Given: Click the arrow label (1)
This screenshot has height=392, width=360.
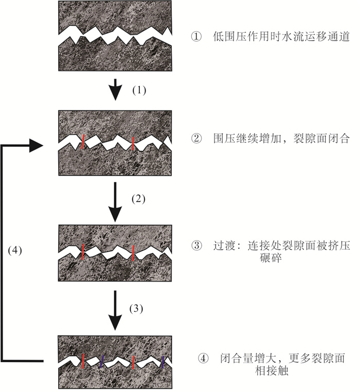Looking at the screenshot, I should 140,90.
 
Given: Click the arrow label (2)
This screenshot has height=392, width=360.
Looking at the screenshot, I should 139,200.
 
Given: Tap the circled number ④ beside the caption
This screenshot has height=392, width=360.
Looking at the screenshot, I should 203,358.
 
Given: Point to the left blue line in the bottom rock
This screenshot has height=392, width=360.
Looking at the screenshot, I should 102,362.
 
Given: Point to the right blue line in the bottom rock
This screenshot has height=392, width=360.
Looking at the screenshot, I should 163,363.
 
